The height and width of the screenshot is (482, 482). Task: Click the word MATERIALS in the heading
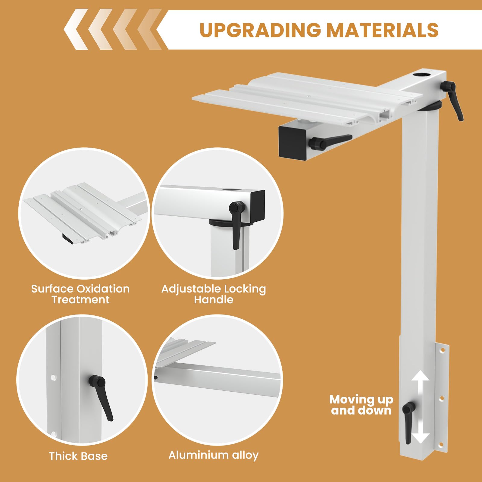(x=383, y=30)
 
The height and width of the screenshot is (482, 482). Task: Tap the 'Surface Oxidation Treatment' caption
(x=80, y=294)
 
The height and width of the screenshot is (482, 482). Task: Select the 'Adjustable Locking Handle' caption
(x=214, y=294)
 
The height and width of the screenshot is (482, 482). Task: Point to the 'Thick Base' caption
(x=78, y=456)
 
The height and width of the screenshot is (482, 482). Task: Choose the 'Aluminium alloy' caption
(x=213, y=455)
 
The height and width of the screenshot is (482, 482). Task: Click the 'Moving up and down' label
(x=361, y=405)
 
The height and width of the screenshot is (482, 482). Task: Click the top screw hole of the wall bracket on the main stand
(x=443, y=350)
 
